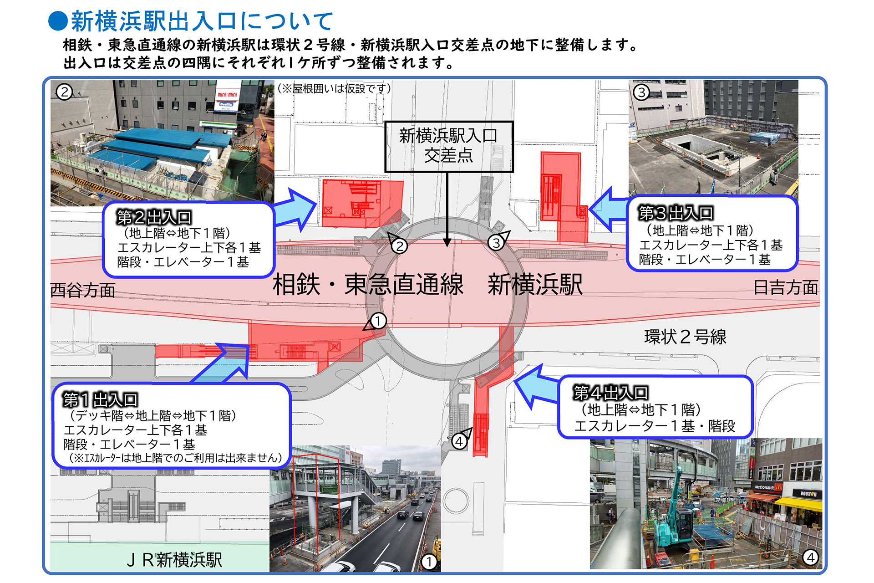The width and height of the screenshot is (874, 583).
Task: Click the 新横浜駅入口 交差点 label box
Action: click(x=449, y=146)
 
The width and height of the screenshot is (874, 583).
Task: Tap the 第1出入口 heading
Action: click(x=100, y=400)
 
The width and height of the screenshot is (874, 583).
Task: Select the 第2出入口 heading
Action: click(x=154, y=217)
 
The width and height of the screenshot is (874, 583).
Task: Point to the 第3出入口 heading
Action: click(x=676, y=213)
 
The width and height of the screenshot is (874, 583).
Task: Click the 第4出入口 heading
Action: click(x=610, y=393)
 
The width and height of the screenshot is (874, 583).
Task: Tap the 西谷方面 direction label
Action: click(x=82, y=290)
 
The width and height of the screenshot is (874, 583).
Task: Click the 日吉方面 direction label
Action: click(x=785, y=287)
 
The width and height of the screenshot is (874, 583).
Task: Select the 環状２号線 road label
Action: click(x=685, y=337)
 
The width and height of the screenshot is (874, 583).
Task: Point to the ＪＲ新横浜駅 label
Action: click(x=174, y=560)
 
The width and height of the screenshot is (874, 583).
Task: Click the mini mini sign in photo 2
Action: click(x=227, y=95)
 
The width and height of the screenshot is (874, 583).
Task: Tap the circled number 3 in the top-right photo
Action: click(x=641, y=92)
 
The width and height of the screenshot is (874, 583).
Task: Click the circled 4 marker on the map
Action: click(x=459, y=441)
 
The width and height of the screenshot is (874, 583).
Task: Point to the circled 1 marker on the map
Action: click(x=378, y=321)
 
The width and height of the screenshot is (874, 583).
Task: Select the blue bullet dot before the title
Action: click(x=58, y=21)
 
